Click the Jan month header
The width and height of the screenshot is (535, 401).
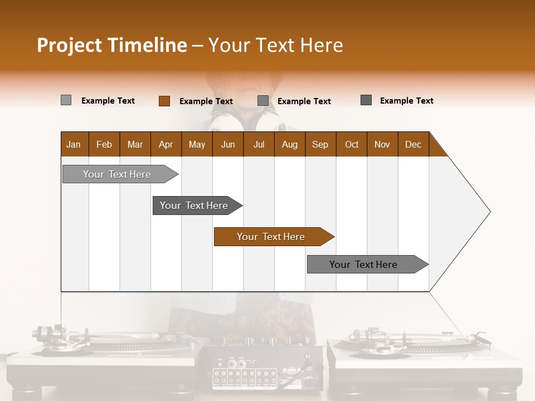[x=74, y=144]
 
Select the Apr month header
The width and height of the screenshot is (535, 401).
[x=166, y=144]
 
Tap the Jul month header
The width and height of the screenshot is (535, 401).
[x=259, y=144]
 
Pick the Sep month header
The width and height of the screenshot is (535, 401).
[x=320, y=144]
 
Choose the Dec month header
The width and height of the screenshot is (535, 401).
[x=413, y=144]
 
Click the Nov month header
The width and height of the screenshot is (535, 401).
[x=382, y=144]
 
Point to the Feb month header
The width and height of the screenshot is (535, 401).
[x=104, y=144]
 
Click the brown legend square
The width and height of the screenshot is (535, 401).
[x=164, y=101]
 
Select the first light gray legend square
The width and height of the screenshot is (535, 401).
[x=66, y=100]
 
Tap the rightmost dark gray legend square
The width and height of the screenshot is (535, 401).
[x=366, y=100]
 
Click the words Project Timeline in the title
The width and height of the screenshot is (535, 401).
[x=111, y=45]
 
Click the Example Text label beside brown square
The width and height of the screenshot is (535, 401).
[x=206, y=101]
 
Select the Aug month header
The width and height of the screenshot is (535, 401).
[x=289, y=144]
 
